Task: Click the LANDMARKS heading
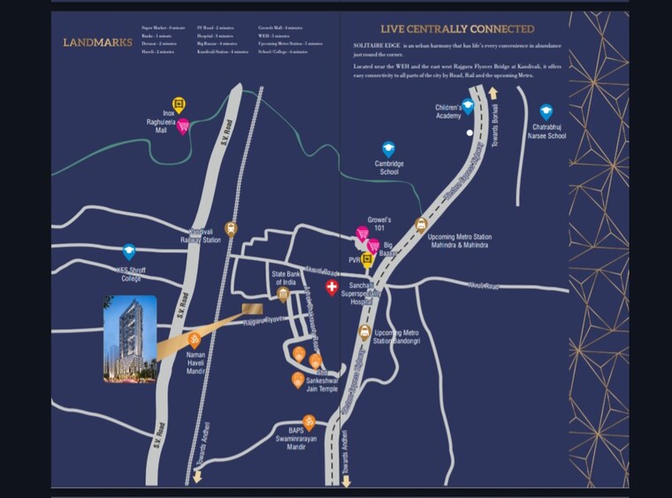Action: tap(97, 42)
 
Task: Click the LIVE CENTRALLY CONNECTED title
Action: tap(457, 29)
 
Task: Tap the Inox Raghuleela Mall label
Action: tap(161, 121)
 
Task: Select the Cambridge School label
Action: tap(389, 168)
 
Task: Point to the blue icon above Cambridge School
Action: tap(388, 149)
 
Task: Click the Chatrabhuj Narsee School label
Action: tap(548, 133)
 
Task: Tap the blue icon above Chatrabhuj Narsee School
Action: tap(546, 112)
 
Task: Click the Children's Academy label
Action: tap(448, 111)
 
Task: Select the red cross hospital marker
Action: tap(332, 288)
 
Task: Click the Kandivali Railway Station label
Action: tap(201, 235)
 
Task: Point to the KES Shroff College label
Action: tap(129, 274)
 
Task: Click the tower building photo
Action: tap(130, 339)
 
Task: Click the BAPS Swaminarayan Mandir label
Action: tap(309, 441)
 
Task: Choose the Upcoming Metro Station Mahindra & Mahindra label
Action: tap(460, 241)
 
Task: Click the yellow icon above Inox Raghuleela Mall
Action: tap(179, 105)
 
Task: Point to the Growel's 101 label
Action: tap(379, 224)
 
